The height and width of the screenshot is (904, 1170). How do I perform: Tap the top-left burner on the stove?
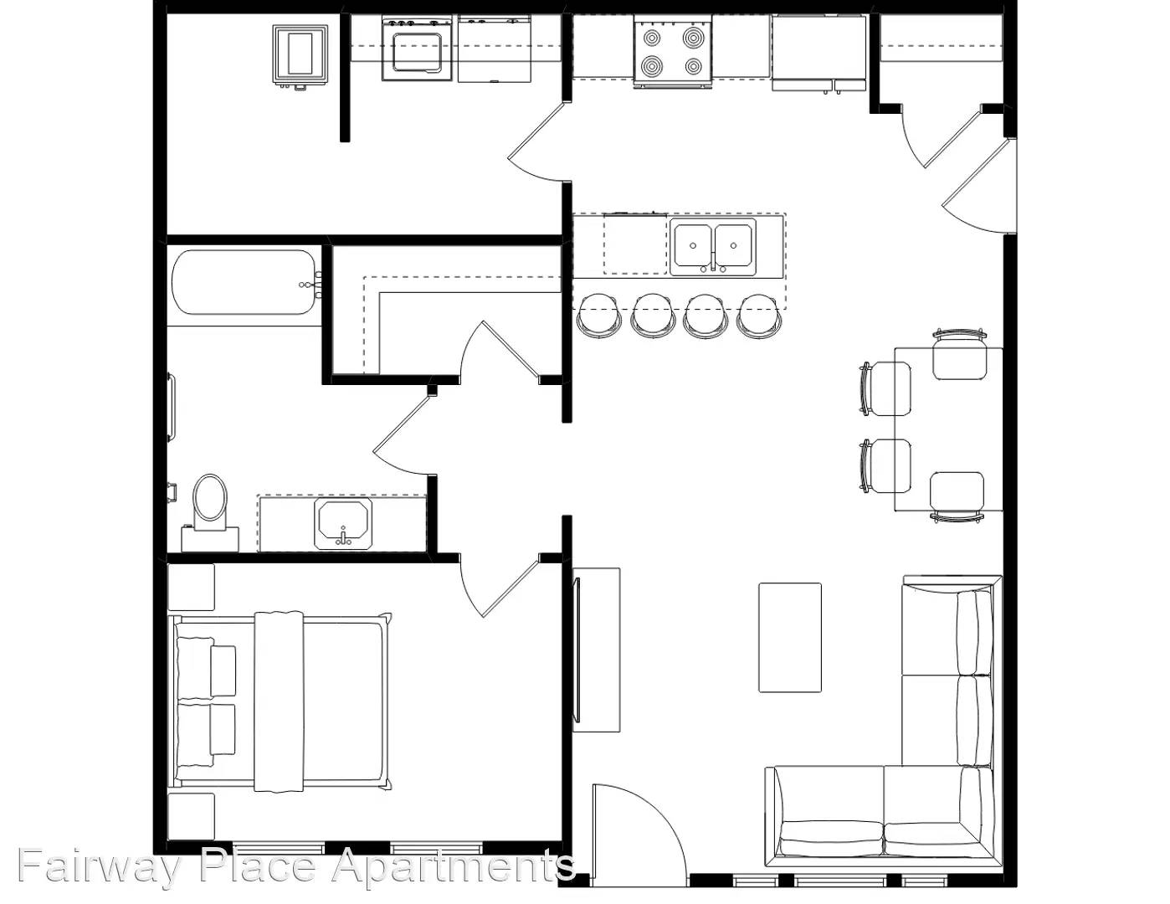(651, 38)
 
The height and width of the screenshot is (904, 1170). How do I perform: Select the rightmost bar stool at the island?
(758, 314)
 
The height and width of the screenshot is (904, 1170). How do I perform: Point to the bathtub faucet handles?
(312, 284)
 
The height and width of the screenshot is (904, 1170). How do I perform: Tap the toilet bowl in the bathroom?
(209, 498)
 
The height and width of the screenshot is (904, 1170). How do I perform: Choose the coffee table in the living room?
(789, 638)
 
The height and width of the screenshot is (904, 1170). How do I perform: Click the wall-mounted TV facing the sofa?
(577, 650)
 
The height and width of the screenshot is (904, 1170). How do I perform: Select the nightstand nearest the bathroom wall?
(191, 587)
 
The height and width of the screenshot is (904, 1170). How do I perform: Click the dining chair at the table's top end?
(958, 356)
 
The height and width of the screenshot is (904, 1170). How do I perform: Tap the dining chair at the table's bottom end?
(957, 496)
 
